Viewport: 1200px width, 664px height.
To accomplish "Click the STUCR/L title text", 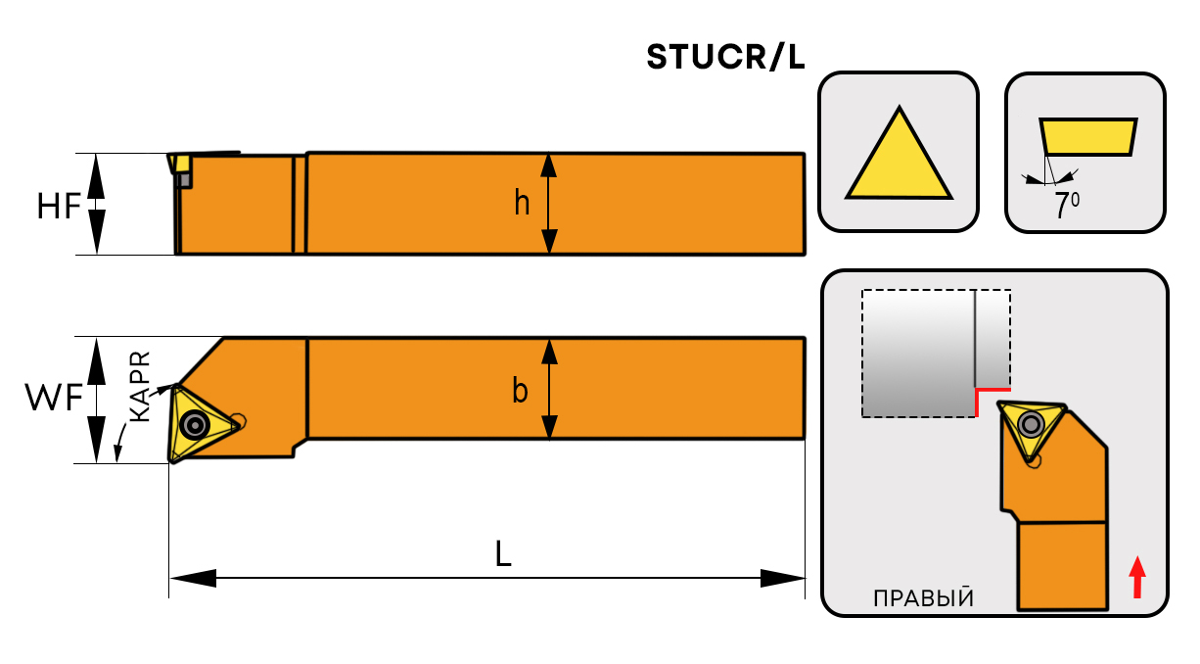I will coord(725,58).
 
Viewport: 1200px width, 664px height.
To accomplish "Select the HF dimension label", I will coord(58,207).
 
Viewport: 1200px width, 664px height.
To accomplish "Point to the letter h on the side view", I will coord(523,204).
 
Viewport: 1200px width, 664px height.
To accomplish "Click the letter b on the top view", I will coord(521,392).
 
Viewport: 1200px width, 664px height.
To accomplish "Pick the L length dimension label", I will coord(502,555).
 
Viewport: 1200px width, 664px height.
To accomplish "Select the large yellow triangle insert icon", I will coord(899,156).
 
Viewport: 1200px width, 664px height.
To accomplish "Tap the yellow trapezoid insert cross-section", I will coord(1087,137).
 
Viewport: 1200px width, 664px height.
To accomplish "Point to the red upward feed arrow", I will coord(1136,577).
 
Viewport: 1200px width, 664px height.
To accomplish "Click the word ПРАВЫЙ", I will coord(923,598).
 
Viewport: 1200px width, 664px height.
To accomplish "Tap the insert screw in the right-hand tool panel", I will coord(1030,424).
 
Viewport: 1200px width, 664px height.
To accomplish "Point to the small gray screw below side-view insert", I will coord(184,180).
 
